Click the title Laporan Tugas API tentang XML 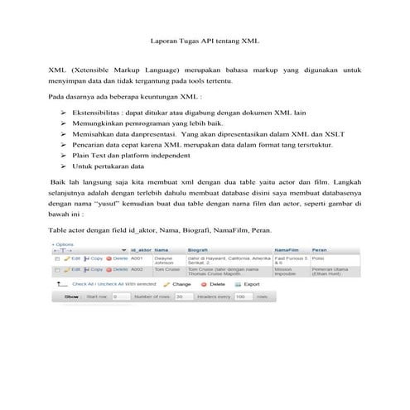(205, 39)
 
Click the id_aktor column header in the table (140, 249)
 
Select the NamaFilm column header (287, 249)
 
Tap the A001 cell (137, 258)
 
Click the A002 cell (137, 269)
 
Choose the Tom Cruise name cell (166, 269)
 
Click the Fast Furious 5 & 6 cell (291, 260)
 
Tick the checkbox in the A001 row (57, 258)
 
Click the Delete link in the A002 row (118, 269)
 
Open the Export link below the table (249, 283)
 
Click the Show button (71, 296)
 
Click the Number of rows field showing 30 (179, 296)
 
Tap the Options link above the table (64, 244)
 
